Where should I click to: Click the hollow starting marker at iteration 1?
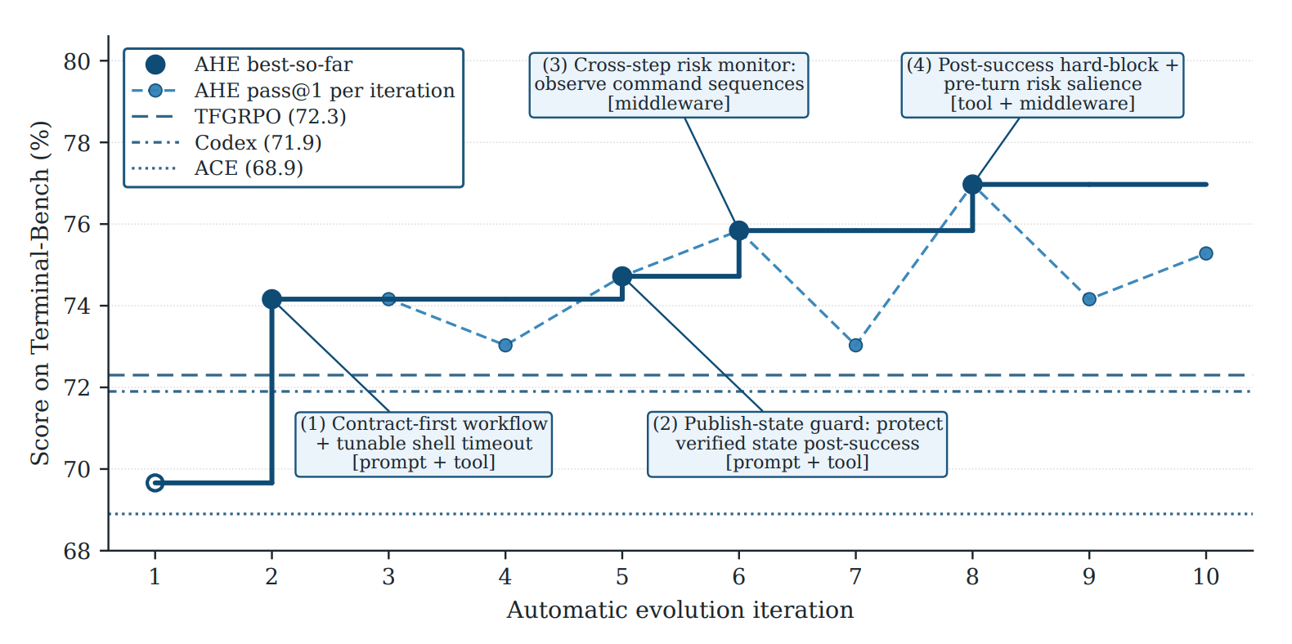coord(155,482)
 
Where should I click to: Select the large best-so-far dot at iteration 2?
coord(271,299)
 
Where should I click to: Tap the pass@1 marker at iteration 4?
coord(505,346)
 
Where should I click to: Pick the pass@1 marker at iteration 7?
coord(855,346)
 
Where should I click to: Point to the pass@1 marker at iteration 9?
coord(1089,299)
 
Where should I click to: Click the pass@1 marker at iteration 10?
coord(1205,253)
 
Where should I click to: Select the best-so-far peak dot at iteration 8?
coord(972,185)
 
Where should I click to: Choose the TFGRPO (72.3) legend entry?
coord(239,117)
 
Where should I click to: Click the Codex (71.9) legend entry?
coord(227,142)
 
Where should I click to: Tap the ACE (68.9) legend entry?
coord(218,168)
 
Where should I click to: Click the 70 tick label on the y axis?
coord(78,470)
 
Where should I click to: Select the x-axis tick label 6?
coord(739,576)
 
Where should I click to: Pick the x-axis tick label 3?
coord(388,576)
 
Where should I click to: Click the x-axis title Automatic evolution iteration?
coord(680,610)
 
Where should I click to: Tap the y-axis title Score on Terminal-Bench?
coord(40,293)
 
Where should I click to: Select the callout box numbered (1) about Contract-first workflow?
coord(424,444)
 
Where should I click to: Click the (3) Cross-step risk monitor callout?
coord(669,85)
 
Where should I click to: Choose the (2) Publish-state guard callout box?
coord(797,444)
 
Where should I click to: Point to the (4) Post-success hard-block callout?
coord(1043,85)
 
